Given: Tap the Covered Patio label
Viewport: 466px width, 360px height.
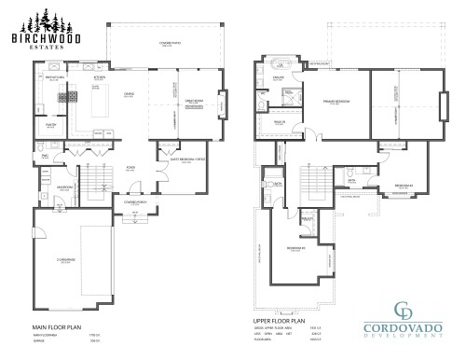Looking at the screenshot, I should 169,45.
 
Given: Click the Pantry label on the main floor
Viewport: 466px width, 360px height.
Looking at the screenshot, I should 48,124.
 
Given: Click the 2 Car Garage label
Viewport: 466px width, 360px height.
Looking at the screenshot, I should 64,262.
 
